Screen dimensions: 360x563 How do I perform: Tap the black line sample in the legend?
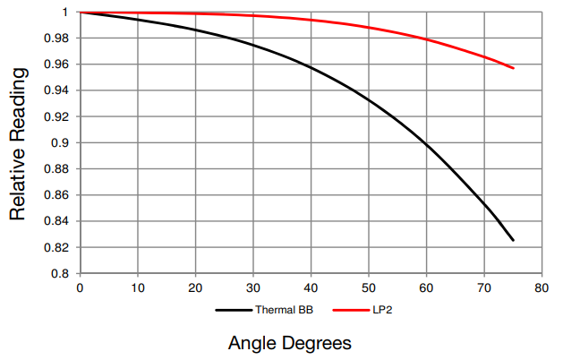tap(234, 310)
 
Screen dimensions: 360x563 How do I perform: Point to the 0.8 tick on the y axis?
tap(60, 273)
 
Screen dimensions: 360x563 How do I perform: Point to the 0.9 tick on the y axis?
tap(60, 142)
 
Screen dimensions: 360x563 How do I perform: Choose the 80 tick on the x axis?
tap(541, 288)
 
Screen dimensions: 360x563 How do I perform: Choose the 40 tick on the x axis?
tap(311, 288)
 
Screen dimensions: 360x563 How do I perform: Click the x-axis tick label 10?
tap(138, 288)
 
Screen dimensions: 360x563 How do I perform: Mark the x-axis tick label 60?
tap(426, 288)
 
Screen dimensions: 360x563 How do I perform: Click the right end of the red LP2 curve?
tap(513, 68)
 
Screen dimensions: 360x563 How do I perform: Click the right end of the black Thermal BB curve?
tap(513, 240)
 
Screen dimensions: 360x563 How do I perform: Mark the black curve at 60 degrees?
tap(426, 143)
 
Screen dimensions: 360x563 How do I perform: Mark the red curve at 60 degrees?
tap(426, 39)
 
